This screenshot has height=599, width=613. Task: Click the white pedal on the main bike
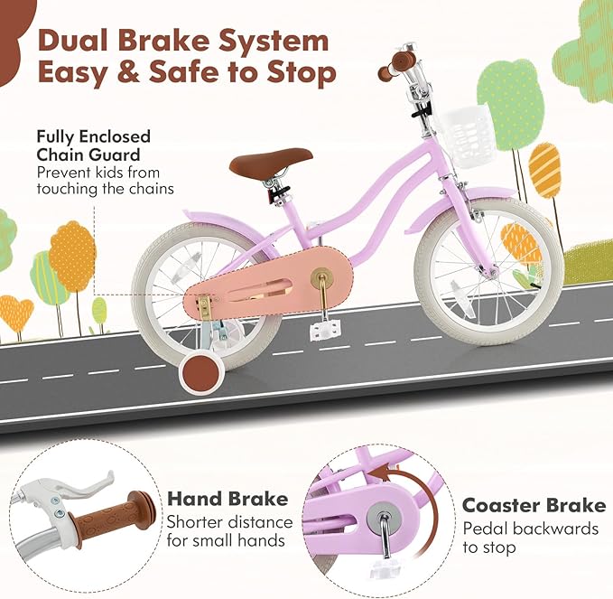[320, 330]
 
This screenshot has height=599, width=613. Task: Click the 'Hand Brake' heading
[228, 499]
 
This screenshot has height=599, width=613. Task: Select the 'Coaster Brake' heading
[534, 504]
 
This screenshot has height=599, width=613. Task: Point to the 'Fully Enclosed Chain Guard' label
[93, 146]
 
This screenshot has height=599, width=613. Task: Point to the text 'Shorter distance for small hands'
[230, 530]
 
